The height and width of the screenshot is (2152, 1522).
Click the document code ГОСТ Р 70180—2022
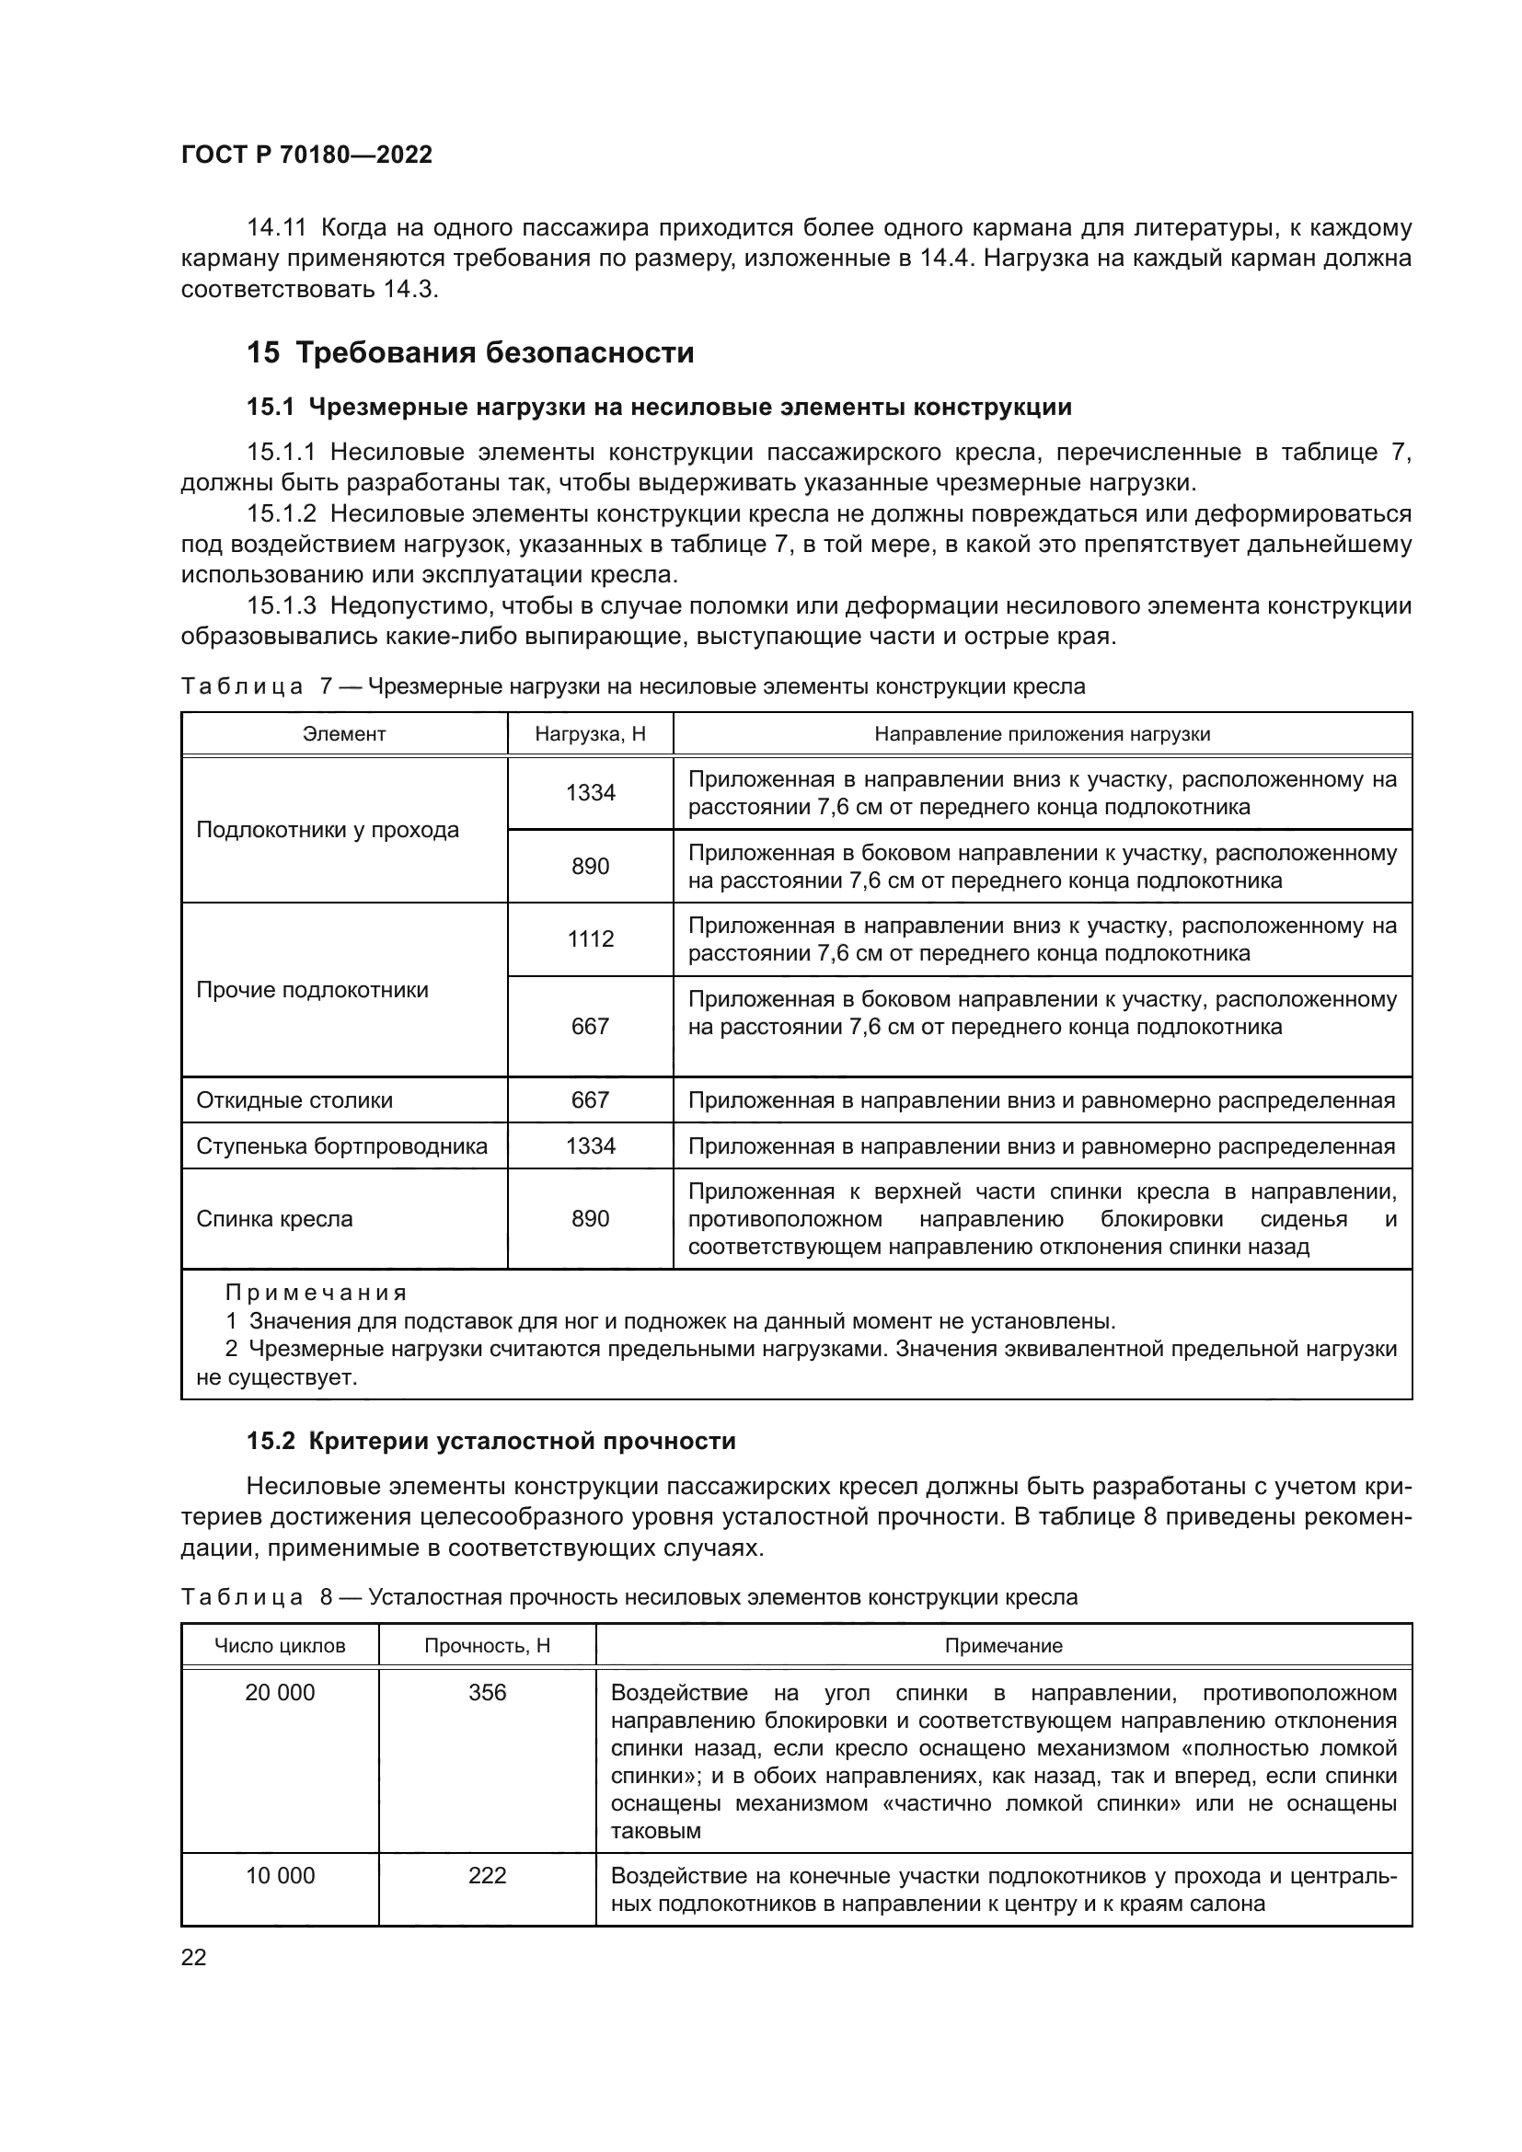click(x=306, y=155)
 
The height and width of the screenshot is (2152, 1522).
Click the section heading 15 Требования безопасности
click(x=469, y=353)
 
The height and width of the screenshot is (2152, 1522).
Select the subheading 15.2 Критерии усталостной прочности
click(x=491, y=1441)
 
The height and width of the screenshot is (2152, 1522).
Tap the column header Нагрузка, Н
click(x=591, y=734)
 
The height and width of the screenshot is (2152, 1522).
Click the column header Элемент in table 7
click(x=344, y=734)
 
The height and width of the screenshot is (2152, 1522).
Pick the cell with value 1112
click(x=591, y=939)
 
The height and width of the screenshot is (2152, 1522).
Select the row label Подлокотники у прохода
click(x=327, y=830)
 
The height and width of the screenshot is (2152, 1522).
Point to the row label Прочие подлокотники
click(x=312, y=990)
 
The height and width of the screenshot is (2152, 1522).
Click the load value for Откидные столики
click(x=591, y=1099)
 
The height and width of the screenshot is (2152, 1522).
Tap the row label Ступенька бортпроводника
click(x=341, y=1146)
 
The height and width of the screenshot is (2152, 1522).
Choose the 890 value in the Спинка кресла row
click(x=591, y=1218)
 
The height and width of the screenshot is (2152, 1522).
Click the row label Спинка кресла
click(x=274, y=1218)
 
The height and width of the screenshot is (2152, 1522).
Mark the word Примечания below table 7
click(x=316, y=1294)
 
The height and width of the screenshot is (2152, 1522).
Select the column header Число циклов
click(x=280, y=1646)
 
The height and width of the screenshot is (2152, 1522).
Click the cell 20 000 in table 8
click(x=280, y=1693)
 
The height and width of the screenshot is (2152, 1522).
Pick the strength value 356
click(x=488, y=1693)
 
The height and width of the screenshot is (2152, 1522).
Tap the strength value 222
click(x=488, y=1875)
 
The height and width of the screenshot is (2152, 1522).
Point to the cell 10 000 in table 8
click(x=280, y=1875)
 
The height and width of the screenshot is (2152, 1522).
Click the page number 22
click(x=193, y=1957)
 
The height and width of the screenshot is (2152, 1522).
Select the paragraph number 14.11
click(x=276, y=228)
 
